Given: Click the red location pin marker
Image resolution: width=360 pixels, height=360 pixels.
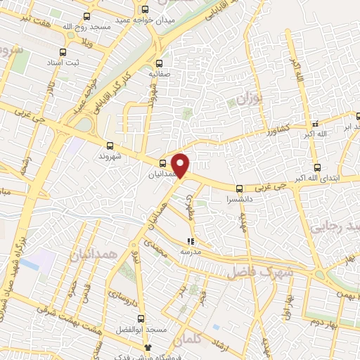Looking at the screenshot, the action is coord(181,165).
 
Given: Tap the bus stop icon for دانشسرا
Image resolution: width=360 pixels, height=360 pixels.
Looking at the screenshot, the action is coord(240,188).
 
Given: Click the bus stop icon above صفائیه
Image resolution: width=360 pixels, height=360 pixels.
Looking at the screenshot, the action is coord(158,63).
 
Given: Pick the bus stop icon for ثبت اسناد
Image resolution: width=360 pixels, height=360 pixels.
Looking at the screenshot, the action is coord(63,52).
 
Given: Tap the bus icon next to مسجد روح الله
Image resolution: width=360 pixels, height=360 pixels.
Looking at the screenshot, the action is coord(86,15).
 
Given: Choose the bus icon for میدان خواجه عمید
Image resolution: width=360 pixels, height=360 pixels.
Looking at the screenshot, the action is coord(146,10).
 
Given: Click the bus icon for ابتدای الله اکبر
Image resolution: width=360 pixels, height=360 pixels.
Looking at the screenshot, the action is coord(318,167).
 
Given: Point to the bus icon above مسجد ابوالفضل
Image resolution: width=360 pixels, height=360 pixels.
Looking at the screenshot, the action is coord(141,319).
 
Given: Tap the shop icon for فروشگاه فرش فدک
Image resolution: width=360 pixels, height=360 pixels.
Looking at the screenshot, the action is coord(147,347).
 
